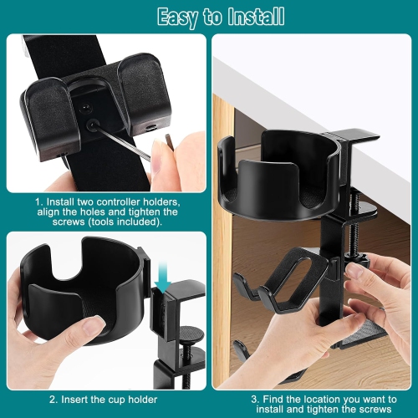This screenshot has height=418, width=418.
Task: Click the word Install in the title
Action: pos(254,16)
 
